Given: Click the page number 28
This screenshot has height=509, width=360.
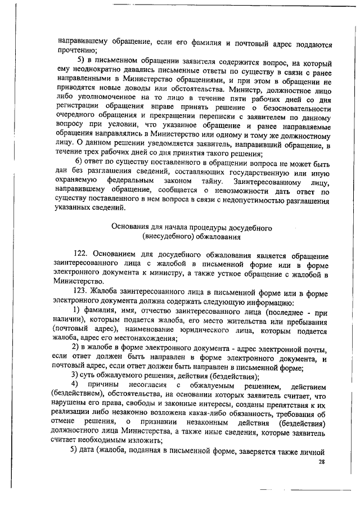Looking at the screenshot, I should pyautogui.click(x=322, y=462).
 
